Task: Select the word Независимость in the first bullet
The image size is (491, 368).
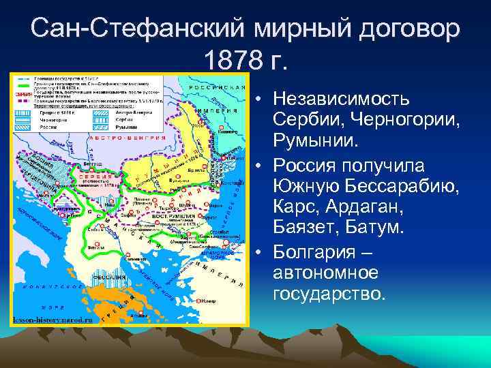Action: click(x=340, y=99)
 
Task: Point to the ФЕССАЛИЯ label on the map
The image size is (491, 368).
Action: click(x=109, y=278)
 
